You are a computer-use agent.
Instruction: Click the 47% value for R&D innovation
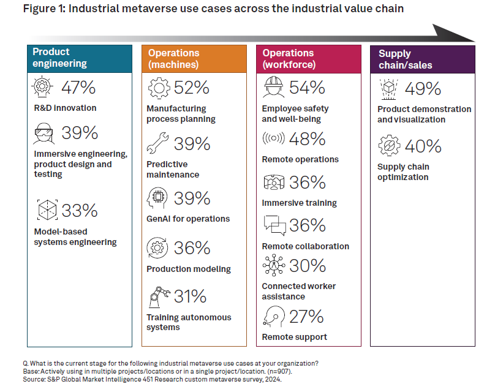click(x=79, y=88)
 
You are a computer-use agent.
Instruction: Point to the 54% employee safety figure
click(x=307, y=88)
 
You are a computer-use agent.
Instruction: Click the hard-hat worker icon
click(x=273, y=88)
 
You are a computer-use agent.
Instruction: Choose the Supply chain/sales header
click(x=422, y=59)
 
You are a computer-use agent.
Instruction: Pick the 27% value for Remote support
click(x=307, y=317)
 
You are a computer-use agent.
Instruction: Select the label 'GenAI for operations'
click(x=188, y=219)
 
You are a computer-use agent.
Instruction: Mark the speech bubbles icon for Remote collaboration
click(x=274, y=225)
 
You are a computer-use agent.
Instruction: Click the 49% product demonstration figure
click(x=423, y=89)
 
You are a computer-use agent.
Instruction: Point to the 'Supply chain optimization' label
click(x=402, y=172)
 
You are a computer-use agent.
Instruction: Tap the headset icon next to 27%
click(x=273, y=317)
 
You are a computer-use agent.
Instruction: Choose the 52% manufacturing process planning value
click(x=192, y=88)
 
